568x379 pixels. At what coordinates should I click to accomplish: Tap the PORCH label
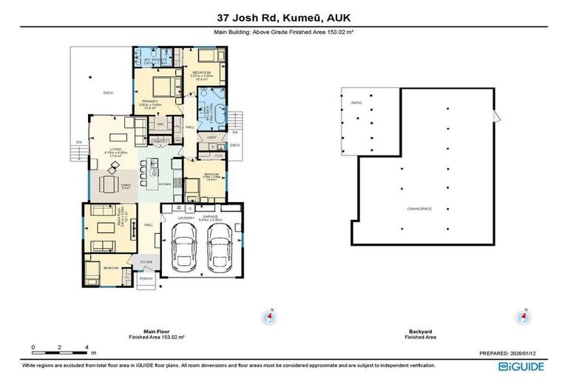(x=146, y=278)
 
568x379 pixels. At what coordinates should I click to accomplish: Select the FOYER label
(x=146, y=261)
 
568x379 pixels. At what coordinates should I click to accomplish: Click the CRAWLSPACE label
(x=419, y=209)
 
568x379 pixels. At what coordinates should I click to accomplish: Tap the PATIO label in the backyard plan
(x=356, y=103)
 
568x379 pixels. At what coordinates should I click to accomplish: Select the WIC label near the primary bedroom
(x=160, y=124)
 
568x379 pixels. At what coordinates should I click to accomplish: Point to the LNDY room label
(x=212, y=137)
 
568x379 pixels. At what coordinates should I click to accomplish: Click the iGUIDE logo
(x=523, y=366)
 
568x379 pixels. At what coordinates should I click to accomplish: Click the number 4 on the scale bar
(x=87, y=346)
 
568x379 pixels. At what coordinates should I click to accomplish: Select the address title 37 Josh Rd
(x=284, y=16)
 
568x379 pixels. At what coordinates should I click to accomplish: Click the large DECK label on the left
(x=108, y=92)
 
